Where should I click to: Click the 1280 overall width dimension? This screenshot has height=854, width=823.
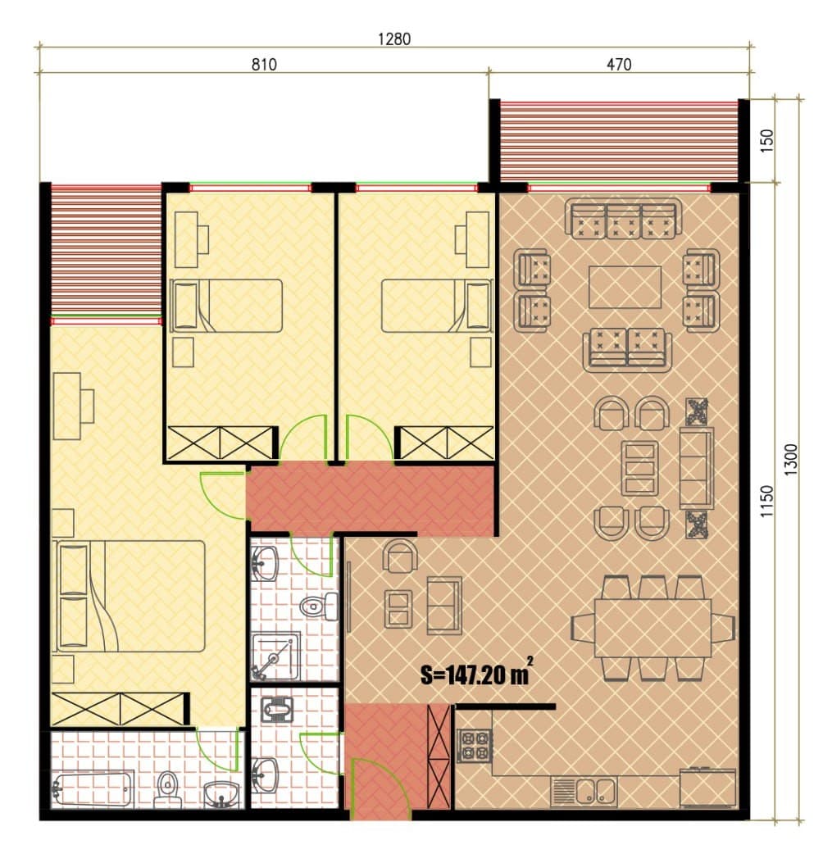tap(393, 39)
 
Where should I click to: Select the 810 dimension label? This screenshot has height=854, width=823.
tap(264, 65)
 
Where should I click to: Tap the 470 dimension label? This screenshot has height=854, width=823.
tap(619, 65)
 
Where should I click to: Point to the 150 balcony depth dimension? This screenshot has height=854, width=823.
tap(766, 140)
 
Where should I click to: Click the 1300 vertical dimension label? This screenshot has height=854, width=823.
tap(791, 460)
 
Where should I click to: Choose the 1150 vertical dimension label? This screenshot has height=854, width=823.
tap(766, 501)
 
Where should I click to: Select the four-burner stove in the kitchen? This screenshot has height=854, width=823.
tap(474, 746)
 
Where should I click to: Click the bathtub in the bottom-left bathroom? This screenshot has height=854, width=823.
tap(93, 788)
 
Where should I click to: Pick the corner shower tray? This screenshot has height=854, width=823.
tap(275, 656)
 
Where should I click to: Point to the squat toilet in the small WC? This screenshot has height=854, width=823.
tap(277, 711)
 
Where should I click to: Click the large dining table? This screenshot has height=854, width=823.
tap(652, 628)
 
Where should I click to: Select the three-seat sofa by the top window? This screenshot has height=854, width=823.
tap(623, 219)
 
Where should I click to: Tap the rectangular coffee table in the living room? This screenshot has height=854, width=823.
tap(625, 287)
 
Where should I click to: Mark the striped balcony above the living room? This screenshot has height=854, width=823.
tap(619, 141)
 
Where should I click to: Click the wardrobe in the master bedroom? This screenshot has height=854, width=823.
tap(120, 709)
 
